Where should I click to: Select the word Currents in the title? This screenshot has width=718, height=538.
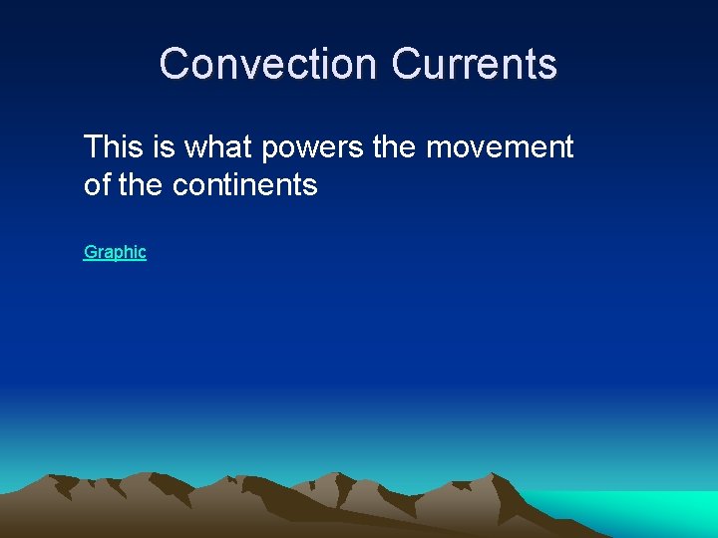coord(474,64)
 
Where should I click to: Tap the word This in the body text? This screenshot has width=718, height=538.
coord(114,147)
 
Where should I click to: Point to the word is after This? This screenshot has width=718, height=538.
coord(164,147)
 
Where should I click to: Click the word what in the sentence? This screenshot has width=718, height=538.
coord(219,147)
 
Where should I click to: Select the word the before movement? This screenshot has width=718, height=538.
coord(395,147)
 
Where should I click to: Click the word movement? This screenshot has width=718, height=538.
coord(500,147)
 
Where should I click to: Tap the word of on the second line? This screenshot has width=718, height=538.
coord(97,185)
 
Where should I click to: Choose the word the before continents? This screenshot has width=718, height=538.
coord(142,185)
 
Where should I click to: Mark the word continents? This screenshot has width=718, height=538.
coord(245,185)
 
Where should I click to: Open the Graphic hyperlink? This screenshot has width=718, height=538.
coord(115,252)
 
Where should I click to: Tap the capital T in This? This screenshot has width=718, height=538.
coord(93,147)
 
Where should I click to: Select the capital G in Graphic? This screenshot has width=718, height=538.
coord(91,252)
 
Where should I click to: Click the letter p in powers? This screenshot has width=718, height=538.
coord(270,150)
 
